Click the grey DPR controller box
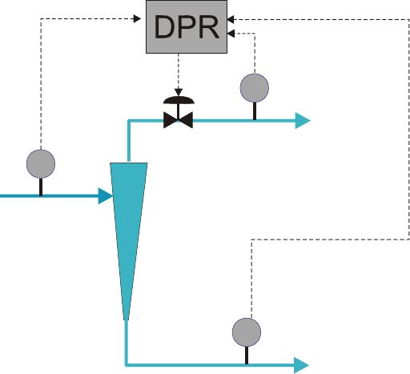tap(187, 26)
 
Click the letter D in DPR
tap(163, 27)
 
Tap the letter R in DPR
tap(209, 27)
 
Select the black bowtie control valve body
tap(178, 120)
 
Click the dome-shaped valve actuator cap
tap(179, 100)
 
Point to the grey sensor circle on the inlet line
tap(41, 163)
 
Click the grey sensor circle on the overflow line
tap(255, 88)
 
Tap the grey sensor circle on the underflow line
tap(247, 332)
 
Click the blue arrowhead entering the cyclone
tap(105, 196)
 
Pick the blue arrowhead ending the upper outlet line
tap(303, 121)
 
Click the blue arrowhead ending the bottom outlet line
tap(302, 365)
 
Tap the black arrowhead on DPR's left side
tap(137, 18)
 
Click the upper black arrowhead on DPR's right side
tap(231, 19)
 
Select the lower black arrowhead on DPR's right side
tap(231, 34)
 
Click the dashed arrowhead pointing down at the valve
tap(179, 92)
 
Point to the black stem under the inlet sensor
tap(41, 187)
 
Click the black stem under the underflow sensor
tap(247, 356)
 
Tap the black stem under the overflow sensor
tap(255, 111)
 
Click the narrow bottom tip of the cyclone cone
tap(127, 320)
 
